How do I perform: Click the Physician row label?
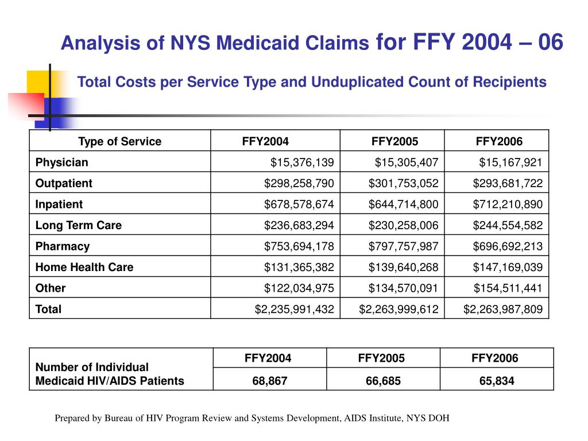pos(62,163)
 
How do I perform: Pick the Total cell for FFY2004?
pos(294,309)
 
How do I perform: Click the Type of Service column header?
pos(119,142)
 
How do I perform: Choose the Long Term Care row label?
pos(79,225)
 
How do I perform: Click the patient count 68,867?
pos(268,380)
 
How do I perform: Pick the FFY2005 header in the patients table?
pos(381,358)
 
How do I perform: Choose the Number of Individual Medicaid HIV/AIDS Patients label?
pos(110,374)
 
